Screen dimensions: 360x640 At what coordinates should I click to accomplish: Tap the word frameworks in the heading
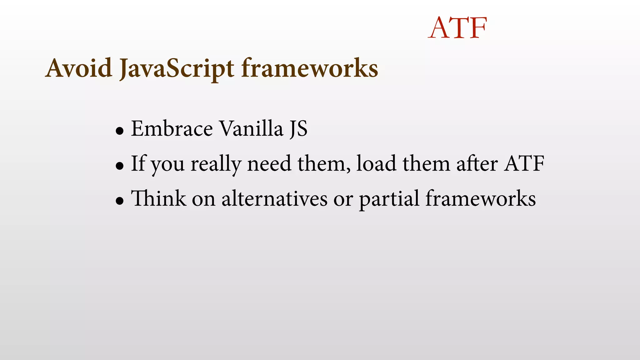coord(310,68)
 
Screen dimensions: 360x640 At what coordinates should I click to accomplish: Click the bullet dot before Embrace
coord(119,131)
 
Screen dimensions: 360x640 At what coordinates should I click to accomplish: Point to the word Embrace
coord(172,128)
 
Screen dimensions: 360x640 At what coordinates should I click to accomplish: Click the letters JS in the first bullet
coord(298,129)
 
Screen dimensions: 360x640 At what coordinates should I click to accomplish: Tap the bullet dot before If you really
coord(119,166)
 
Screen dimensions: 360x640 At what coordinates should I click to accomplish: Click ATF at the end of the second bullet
coord(524,163)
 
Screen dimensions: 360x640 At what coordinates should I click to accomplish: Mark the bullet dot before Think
coord(119,201)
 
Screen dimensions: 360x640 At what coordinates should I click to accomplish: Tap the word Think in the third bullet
coord(158,198)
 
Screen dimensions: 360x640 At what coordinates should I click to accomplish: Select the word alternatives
coord(274,199)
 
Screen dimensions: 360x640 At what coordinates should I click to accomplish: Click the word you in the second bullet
coord(168,165)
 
